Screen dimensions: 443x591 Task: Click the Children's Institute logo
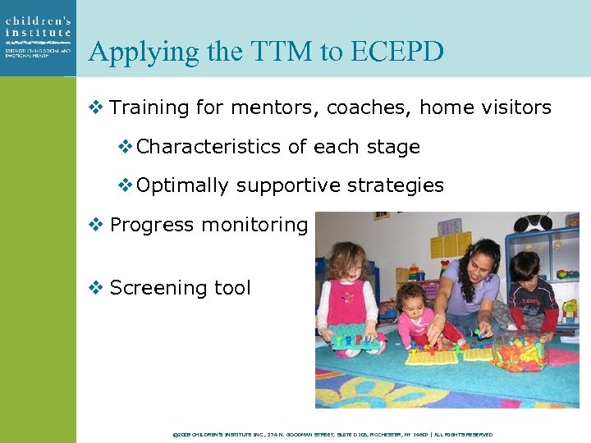click(38, 37)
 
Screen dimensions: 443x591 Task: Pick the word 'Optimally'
click(182, 185)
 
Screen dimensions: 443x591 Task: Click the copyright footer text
click(332, 434)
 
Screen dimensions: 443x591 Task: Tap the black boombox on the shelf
click(534, 222)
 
